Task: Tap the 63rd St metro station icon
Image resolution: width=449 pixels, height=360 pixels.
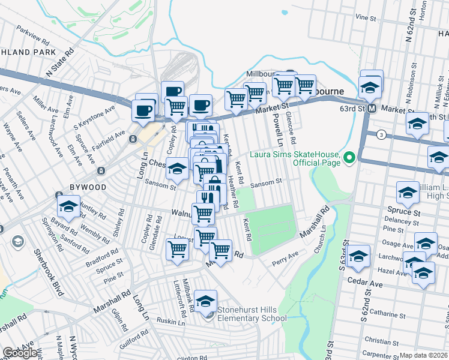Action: [x=372, y=109]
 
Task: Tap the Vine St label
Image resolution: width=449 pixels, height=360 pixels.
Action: [x=365, y=17]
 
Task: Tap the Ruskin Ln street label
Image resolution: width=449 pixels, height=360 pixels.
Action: [x=171, y=321]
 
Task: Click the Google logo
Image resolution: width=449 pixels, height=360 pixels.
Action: [x=20, y=353]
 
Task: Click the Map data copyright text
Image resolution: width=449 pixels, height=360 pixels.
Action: [x=424, y=355]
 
